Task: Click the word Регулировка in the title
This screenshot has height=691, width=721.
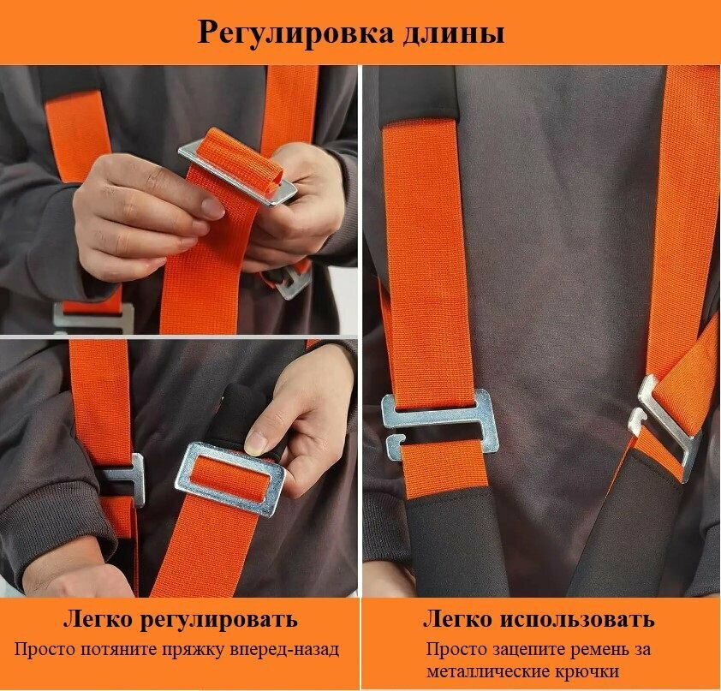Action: pyautogui.click(x=295, y=33)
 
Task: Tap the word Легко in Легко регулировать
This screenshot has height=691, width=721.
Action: pyautogui.click(x=98, y=619)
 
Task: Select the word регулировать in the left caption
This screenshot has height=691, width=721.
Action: pyautogui.click(x=218, y=621)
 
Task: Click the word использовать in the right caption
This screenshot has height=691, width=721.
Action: pyautogui.click(x=576, y=619)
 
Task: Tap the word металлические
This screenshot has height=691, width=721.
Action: pyautogui.click(x=489, y=671)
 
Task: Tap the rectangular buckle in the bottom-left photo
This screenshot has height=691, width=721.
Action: pyautogui.click(x=229, y=479)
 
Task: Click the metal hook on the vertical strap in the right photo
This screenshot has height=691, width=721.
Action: pyautogui.click(x=438, y=419)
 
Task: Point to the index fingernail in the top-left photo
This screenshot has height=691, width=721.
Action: pyautogui.click(x=212, y=208)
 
